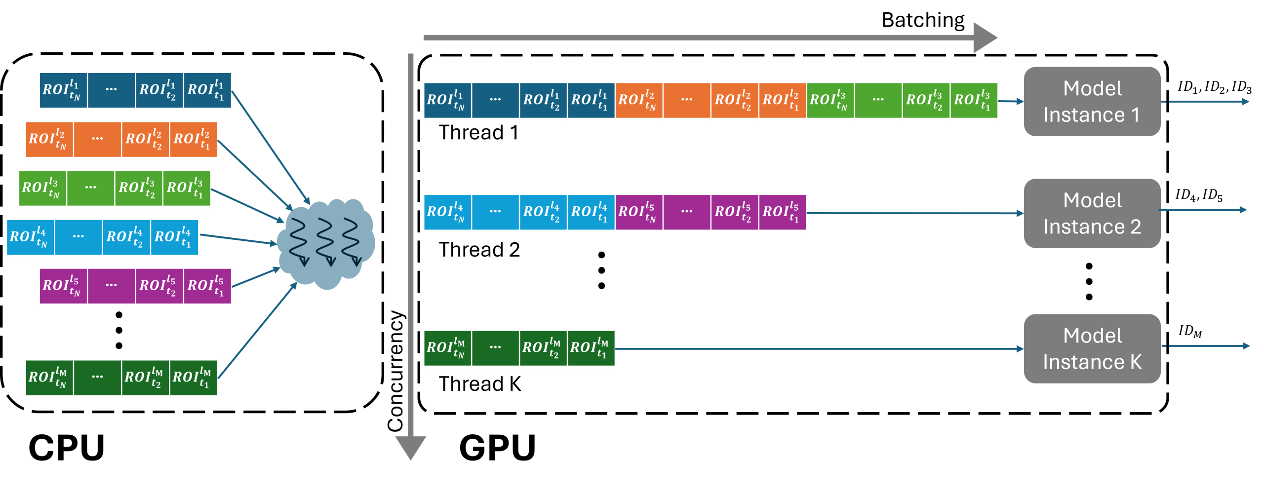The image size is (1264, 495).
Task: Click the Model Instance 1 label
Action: click(x=1092, y=102)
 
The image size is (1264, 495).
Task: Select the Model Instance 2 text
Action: click(x=1092, y=214)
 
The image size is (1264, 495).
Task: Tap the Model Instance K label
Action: click(x=1092, y=349)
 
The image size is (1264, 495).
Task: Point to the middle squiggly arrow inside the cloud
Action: click(x=325, y=241)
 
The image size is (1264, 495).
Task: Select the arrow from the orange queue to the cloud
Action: click(x=254, y=174)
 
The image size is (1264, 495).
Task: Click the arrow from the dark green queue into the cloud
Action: click(x=257, y=332)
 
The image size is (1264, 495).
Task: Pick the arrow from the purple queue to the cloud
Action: click(x=256, y=277)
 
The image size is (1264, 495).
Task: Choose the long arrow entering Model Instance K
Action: click(x=820, y=349)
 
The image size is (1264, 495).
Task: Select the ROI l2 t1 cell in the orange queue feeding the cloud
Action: click(x=194, y=140)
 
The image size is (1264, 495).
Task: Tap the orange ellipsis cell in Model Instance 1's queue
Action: click(x=687, y=101)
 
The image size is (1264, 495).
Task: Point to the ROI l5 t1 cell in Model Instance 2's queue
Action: click(x=783, y=212)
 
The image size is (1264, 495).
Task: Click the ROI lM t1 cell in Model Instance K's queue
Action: click(x=591, y=348)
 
